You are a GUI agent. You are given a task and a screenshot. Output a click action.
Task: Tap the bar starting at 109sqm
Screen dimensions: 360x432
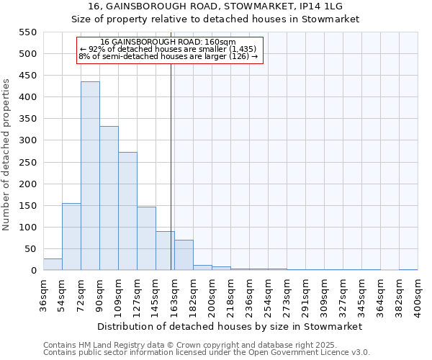[x=127, y=212]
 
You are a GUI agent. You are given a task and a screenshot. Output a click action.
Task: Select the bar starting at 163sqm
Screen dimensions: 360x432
[x=184, y=256]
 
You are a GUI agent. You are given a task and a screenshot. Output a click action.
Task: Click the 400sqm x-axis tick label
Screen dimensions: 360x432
[x=418, y=295]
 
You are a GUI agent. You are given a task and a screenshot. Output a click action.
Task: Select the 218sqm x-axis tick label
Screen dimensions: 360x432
[x=230, y=295]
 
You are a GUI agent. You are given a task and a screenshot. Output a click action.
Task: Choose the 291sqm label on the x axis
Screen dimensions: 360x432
[x=305, y=295]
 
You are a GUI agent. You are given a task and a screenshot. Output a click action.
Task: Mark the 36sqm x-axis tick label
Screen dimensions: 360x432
[x=43, y=295]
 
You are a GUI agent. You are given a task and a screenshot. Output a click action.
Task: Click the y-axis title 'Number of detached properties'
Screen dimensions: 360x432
[x=7, y=155]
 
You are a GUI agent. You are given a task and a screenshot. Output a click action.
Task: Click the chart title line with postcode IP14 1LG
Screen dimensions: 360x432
[x=216, y=6]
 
